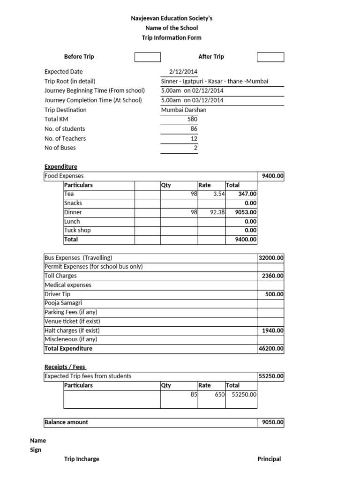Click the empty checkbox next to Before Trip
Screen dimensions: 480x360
(148, 57)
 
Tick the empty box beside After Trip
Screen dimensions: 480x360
(270, 57)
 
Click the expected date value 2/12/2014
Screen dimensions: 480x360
(183, 72)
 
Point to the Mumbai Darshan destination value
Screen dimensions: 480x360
(183, 110)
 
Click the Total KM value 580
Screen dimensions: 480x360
(192, 120)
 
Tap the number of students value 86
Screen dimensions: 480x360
(194, 129)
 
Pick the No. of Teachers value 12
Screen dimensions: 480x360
(194, 139)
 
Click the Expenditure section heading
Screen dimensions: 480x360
(61, 167)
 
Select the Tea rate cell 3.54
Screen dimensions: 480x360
(218, 194)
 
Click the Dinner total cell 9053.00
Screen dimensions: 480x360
(246, 212)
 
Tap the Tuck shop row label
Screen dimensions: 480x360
(77, 230)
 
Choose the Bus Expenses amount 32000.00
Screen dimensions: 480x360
(271, 258)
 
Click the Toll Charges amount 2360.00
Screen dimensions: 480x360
(272, 276)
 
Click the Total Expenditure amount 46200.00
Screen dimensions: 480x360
(271, 349)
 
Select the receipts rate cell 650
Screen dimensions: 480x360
(220, 395)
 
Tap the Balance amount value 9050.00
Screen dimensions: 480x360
(272, 422)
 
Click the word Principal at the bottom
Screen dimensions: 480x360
(269, 459)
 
